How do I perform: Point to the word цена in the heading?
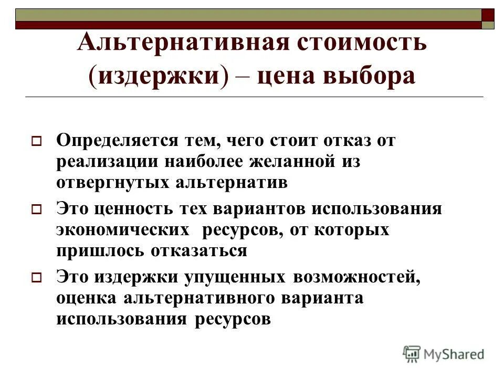point(291,77)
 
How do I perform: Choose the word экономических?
point(123,230)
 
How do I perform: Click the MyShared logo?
point(444,354)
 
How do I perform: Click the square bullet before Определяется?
point(36,142)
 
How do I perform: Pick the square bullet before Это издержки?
point(36,278)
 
